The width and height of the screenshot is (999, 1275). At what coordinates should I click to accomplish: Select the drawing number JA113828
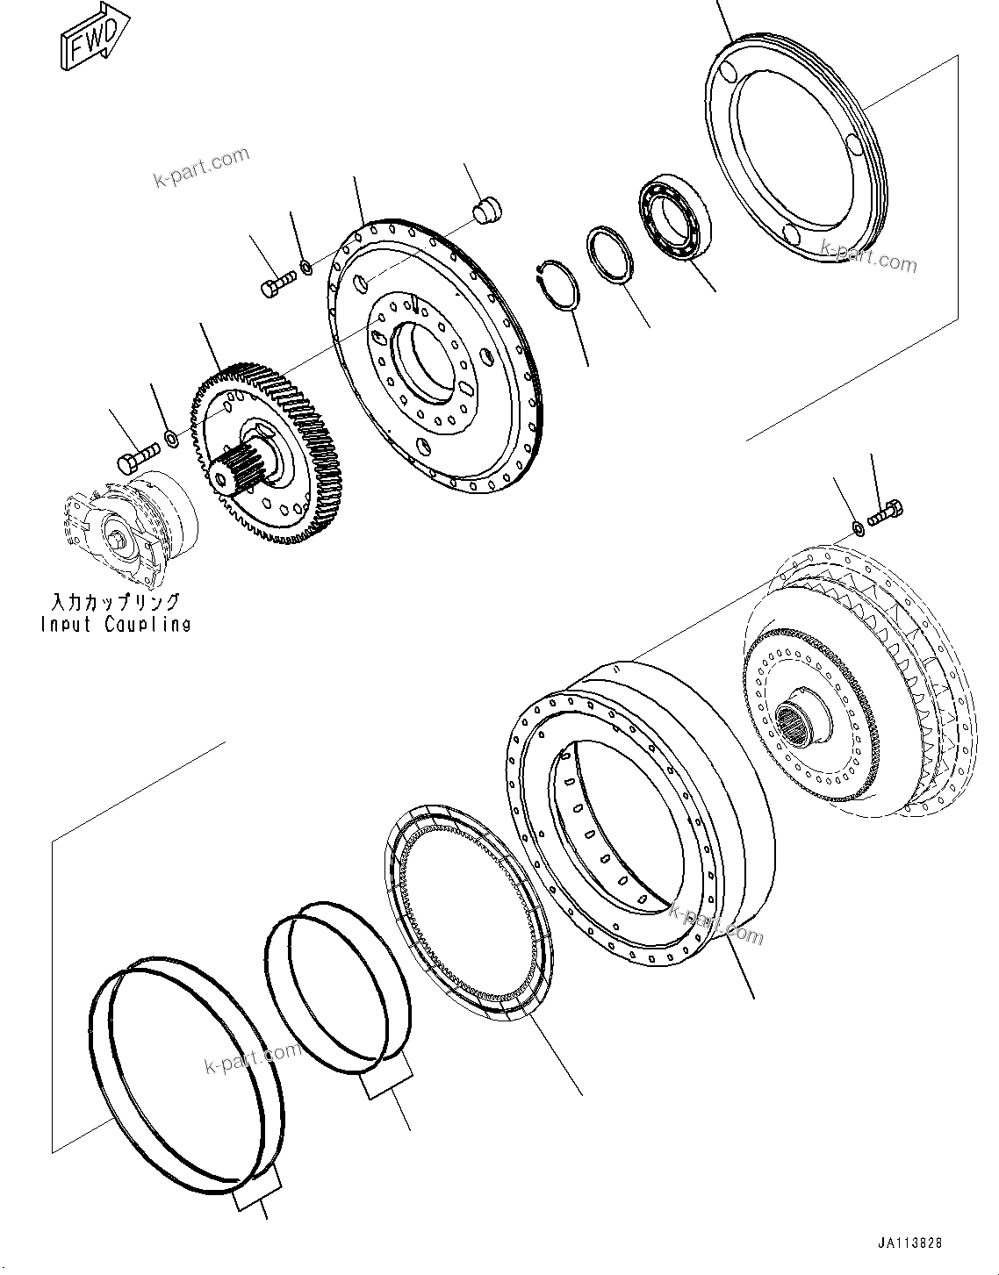(x=910, y=1243)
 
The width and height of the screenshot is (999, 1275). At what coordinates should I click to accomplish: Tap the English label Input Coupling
(x=115, y=625)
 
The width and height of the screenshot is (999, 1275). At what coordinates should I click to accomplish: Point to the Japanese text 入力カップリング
(x=115, y=602)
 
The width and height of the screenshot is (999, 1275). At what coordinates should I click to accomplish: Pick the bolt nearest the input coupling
(x=137, y=456)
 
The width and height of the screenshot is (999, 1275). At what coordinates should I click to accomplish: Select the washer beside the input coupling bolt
(x=172, y=437)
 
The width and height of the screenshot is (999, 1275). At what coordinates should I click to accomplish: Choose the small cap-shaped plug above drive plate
(x=484, y=211)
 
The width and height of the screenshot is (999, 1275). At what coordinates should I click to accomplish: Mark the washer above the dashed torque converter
(x=857, y=527)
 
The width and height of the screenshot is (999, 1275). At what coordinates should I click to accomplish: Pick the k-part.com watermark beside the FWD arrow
(x=201, y=167)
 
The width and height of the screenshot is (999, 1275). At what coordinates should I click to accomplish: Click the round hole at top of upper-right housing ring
(x=725, y=69)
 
